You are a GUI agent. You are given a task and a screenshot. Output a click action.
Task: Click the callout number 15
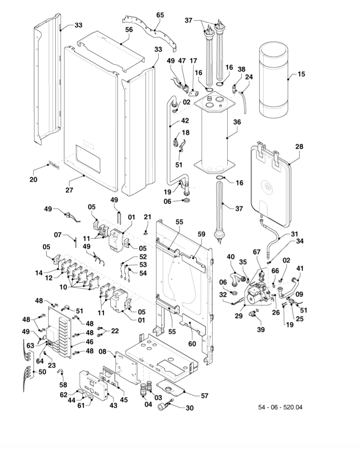pos(301,74)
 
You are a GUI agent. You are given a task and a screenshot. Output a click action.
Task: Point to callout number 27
pos(69,190)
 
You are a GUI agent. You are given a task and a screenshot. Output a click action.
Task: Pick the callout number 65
pos(160,15)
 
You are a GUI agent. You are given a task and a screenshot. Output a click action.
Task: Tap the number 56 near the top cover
pos(129,29)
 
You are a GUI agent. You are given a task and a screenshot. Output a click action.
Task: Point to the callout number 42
pos(185,120)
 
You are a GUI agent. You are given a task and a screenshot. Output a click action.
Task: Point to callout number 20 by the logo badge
pos(34,179)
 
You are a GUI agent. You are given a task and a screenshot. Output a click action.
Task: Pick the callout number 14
pos(39,273)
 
